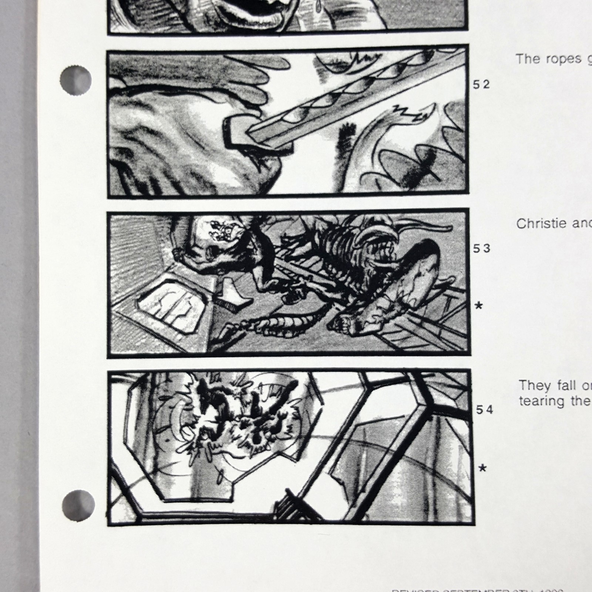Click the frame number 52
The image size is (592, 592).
[x=481, y=85]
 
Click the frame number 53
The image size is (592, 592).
[x=482, y=249]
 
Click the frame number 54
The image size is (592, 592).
[x=485, y=410]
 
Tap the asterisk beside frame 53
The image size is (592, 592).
[x=479, y=306]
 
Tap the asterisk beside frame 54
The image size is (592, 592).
[x=482, y=469]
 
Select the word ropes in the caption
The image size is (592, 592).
[x=562, y=59]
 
